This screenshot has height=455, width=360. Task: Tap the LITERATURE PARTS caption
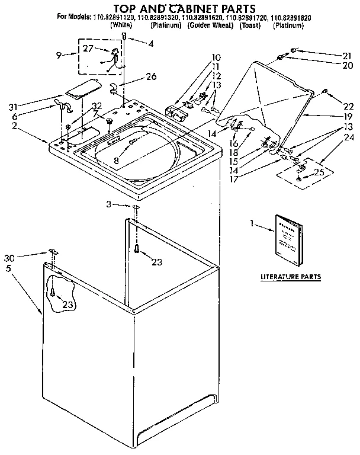tap(291, 277)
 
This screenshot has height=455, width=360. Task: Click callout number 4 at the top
tap(151, 43)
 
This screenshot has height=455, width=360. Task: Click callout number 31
tap(11, 107)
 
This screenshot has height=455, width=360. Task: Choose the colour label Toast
tap(249, 26)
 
